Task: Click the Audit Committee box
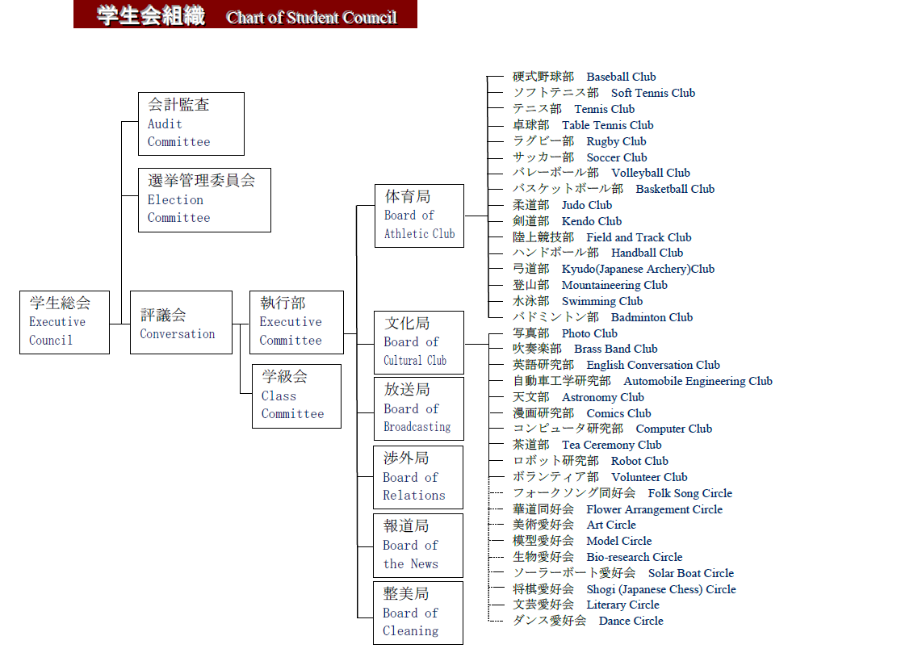(191, 123)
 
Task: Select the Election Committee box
(204, 199)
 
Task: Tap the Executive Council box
(65, 322)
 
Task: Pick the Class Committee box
(296, 396)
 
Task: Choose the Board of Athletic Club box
(419, 216)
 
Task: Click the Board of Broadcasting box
(418, 408)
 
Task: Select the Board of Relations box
(417, 476)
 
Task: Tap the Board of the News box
(417, 545)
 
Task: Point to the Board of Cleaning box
(417, 613)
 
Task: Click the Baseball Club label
(621, 77)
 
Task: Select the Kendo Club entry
(592, 221)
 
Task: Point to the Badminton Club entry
(652, 317)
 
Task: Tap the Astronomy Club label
(603, 397)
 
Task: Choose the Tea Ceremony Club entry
(611, 445)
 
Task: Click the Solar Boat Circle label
(690, 573)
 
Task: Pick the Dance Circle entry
(631, 621)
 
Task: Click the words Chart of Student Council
(312, 17)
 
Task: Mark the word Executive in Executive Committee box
(291, 322)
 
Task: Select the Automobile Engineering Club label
(698, 381)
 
